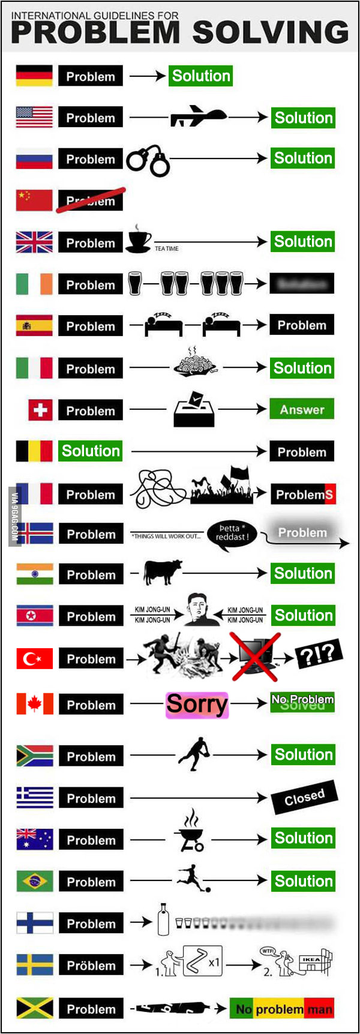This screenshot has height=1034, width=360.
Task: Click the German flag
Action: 34,76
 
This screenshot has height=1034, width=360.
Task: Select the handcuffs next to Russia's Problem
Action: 148,160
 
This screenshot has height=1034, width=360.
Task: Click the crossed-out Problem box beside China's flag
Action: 91,200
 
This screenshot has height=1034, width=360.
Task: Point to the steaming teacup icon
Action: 139,239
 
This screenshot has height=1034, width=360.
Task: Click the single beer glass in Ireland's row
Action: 135,283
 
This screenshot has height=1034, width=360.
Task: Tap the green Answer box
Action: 302,409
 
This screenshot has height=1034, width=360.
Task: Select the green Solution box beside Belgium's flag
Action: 91,451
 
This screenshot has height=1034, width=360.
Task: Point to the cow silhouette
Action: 162,572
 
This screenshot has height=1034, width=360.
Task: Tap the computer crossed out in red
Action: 254,655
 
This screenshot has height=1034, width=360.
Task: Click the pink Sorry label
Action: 197,704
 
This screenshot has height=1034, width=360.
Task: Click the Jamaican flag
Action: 35,1009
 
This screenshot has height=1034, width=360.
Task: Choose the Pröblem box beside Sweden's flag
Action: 91,966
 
